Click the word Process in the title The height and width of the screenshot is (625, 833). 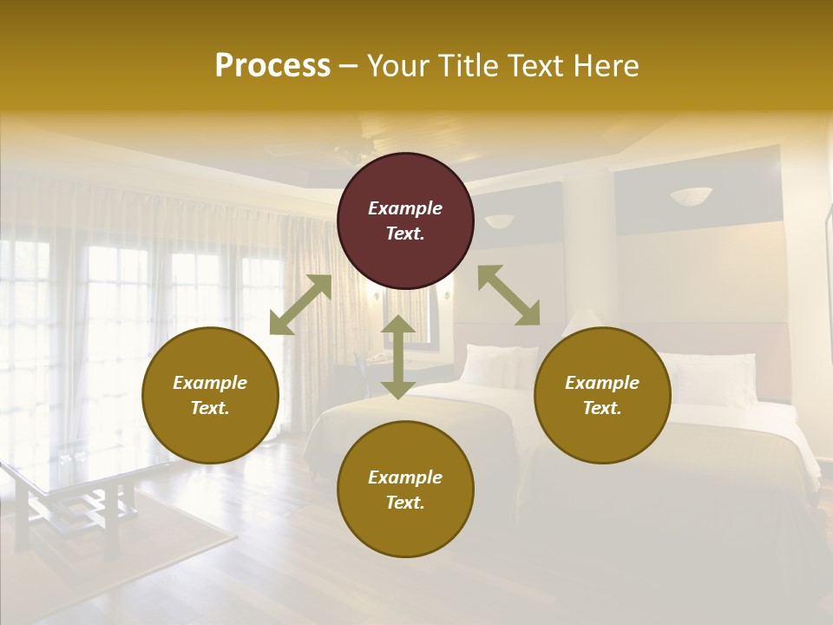(272, 66)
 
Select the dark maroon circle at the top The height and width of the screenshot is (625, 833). (405, 221)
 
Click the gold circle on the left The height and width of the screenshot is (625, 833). (210, 395)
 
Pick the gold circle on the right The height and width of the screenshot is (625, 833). (602, 395)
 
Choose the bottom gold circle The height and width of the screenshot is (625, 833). (405, 490)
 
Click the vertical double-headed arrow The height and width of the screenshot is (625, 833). (398, 357)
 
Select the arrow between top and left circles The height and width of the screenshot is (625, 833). (300, 305)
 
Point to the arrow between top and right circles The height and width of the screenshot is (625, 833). (508, 295)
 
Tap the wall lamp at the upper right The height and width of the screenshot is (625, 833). (690, 196)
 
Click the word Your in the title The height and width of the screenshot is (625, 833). (395, 66)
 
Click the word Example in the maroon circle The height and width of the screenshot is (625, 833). (405, 208)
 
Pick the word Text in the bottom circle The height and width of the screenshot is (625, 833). (405, 503)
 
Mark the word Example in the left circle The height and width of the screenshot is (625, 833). (210, 383)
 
